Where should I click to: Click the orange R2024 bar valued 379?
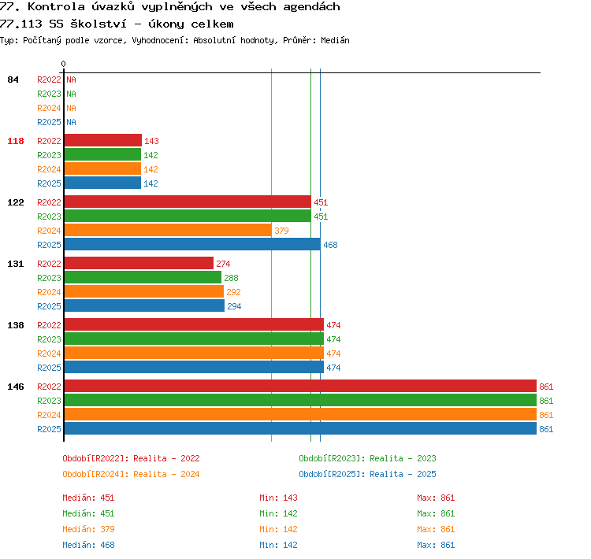(x=168, y=230)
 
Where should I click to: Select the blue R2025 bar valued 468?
(x=192, y=245)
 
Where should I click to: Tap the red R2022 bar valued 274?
(x=139, y=263)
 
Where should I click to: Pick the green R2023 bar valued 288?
(x=143, y=278)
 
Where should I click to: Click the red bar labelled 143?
(x=103, y=140)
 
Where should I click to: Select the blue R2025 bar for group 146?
(x=300, y=428)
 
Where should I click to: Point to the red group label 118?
(x=16, y=141)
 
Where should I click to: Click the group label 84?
(x=13, y=80)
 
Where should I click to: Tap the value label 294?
(x=234, y=306)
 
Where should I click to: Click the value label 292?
(x=233, y=292)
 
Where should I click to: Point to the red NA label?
(x=71, y=80)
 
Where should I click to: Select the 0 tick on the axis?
(x=63, y=64)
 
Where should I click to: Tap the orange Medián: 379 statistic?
(x=88, y=529)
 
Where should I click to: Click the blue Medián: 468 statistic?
(x=88, y=545)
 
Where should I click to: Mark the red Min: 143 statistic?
(x=278, y=498)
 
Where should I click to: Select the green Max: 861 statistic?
(x=436, y=513)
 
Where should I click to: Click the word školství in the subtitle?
(x=98, y=24)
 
